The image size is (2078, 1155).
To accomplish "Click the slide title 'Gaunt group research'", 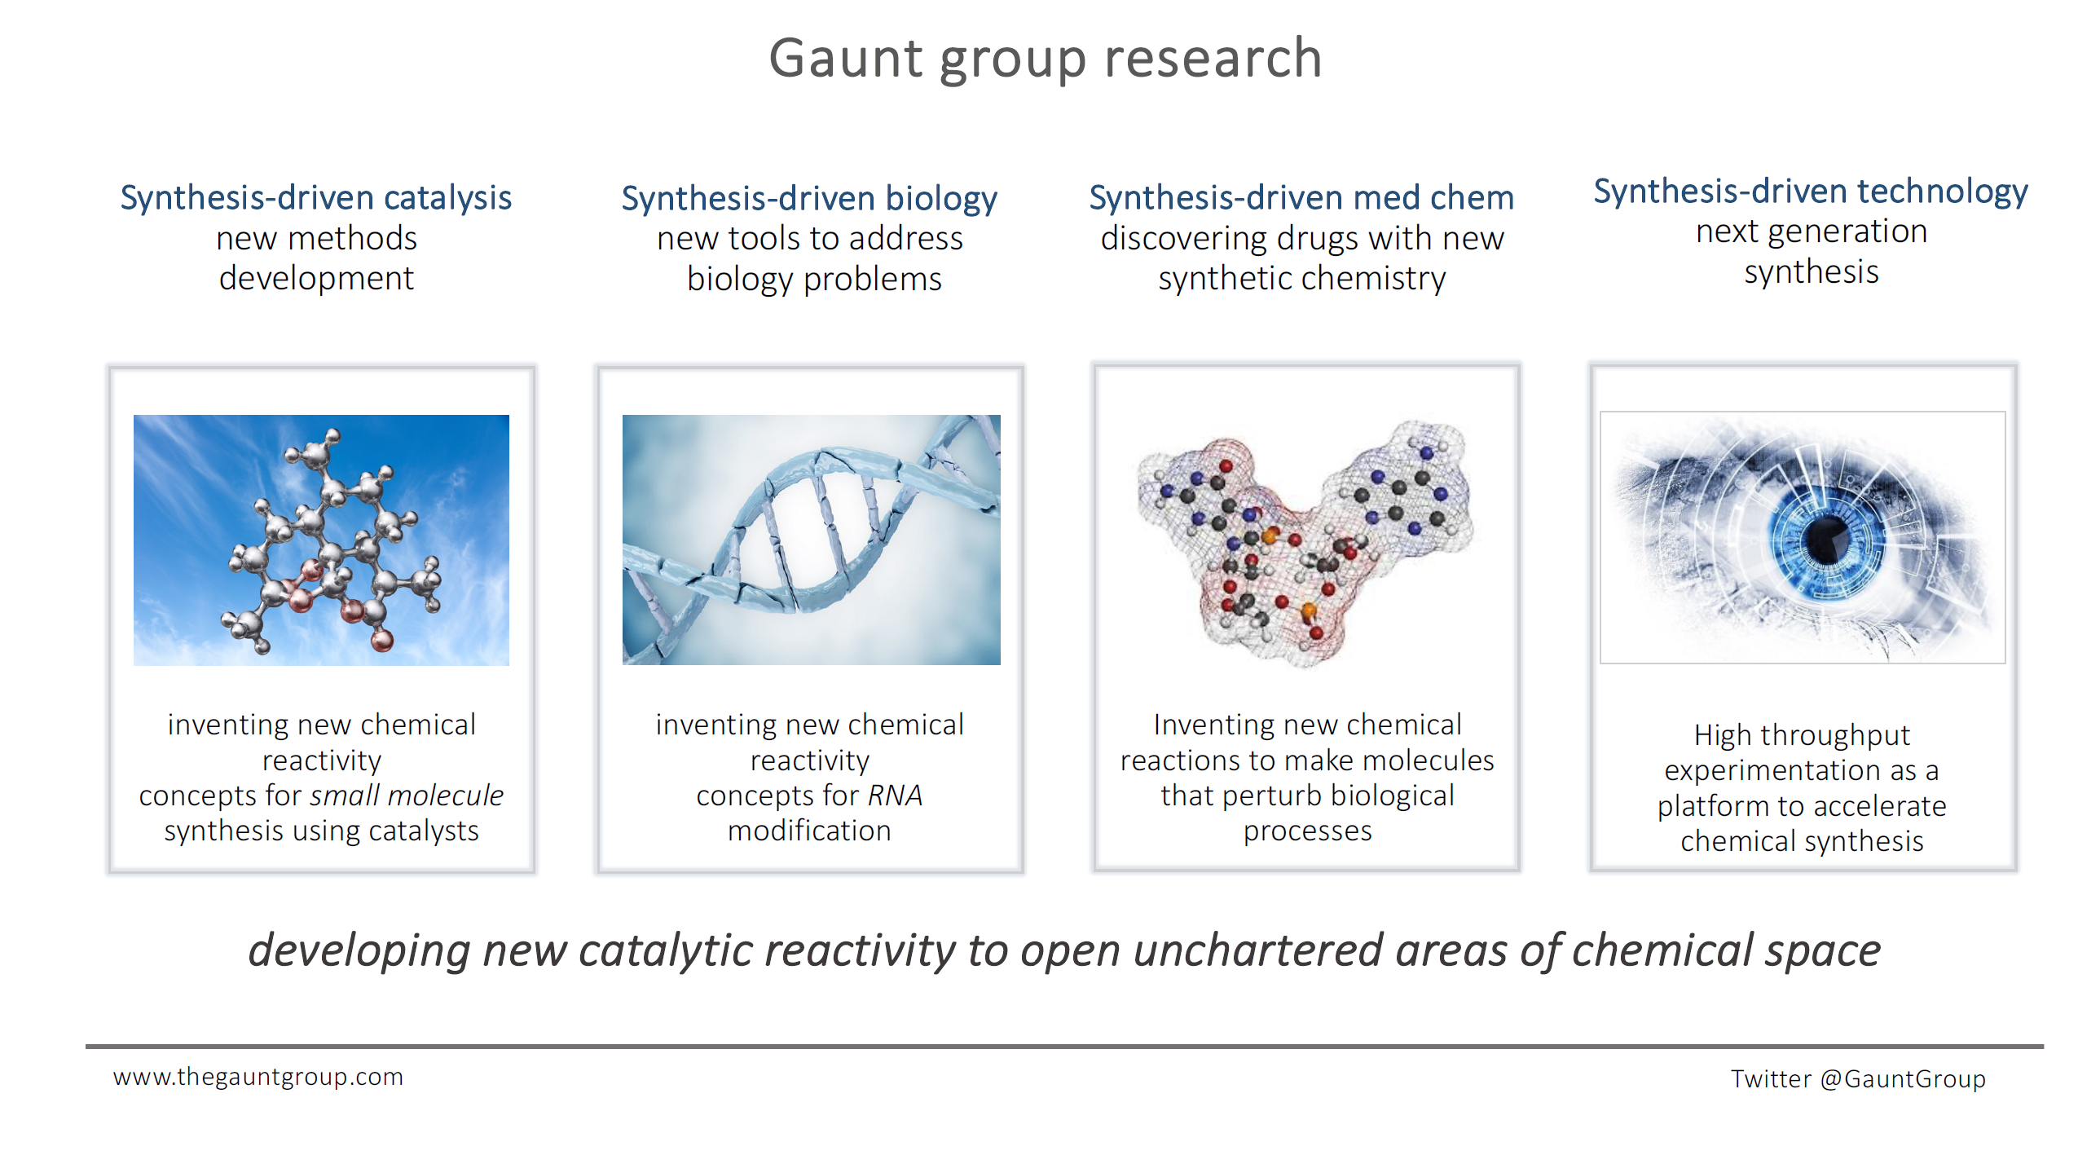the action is click(1046, 60).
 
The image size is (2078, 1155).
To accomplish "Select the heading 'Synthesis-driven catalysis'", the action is click(316, 198).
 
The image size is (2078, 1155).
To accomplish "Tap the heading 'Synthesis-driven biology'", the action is click(809, 199).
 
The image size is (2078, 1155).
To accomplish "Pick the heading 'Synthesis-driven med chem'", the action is click(1301, 197).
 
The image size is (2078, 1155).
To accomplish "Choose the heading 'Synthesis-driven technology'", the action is click(1811, 192).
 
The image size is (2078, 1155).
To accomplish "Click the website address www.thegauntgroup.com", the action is click(258, 1077).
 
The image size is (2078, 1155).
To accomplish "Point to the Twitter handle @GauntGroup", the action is click(1903, 1078).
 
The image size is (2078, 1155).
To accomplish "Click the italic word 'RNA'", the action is click(895, 795).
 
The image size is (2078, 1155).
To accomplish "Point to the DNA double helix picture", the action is click(811, 540).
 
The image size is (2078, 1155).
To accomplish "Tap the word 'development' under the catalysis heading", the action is click(316, 279).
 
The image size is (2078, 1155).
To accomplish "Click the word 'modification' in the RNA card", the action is click(809, 831).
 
